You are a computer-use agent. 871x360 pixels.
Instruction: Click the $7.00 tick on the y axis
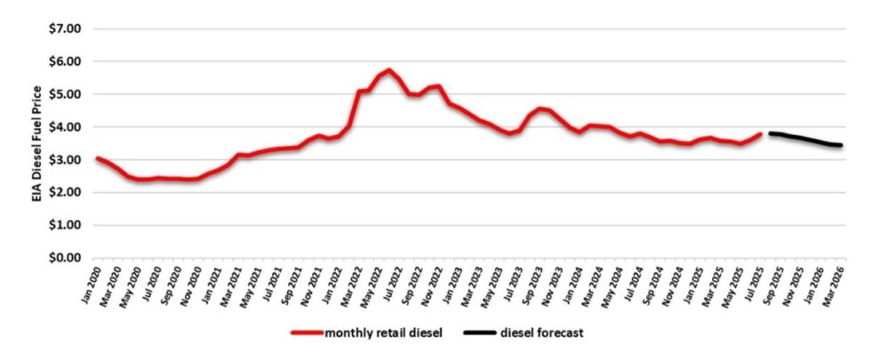pyautogui.click(x=63, y=28)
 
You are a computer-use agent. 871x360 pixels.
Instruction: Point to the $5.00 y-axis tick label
pyautogui.click(x=63, y=94)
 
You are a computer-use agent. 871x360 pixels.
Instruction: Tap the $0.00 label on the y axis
pyautogui.click(x=63, y=258)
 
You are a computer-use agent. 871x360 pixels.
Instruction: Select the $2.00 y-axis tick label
pyautogui.click(x=63, y=193)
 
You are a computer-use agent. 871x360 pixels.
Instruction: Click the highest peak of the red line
pyautogui.click(x=389, y=70)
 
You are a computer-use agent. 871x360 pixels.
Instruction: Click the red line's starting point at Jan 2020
pyautogui.click(x=97, y=158)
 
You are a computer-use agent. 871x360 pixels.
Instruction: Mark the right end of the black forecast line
pyautogui.click(x=841, y=145)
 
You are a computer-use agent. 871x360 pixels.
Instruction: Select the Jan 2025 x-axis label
pyautogui.click(x=690, y=284)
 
